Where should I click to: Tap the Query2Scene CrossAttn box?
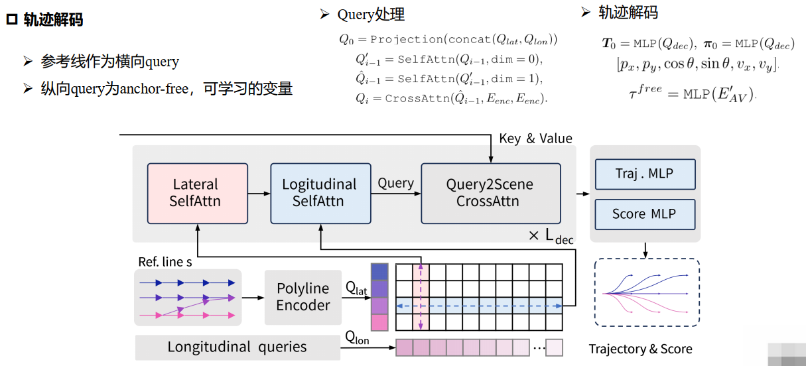(x=490, y=193)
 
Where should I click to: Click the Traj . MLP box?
(x=644, y=174)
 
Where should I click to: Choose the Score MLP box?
(x=644, y=214)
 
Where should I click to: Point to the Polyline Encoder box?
(x=302, y=297)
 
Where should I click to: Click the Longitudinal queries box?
(x=237, y=347)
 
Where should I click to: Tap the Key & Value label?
(x=535, y=139)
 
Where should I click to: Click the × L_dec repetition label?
(x=551, y=237)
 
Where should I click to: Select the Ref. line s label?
(x=165, y=262)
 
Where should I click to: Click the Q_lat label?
(x=356, y=288)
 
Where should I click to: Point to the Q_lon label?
(x=357, y=337)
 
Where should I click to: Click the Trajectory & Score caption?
(x=640, y=349)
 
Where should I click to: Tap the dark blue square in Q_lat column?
(x=379, y=273)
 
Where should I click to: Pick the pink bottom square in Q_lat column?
(x=379, y=322)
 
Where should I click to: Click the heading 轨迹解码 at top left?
(x=53, y=20)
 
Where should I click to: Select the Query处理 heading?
(x=370, y=15)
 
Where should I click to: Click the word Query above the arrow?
(x=395, y=183)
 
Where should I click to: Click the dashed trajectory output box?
(x=647, y=292)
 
